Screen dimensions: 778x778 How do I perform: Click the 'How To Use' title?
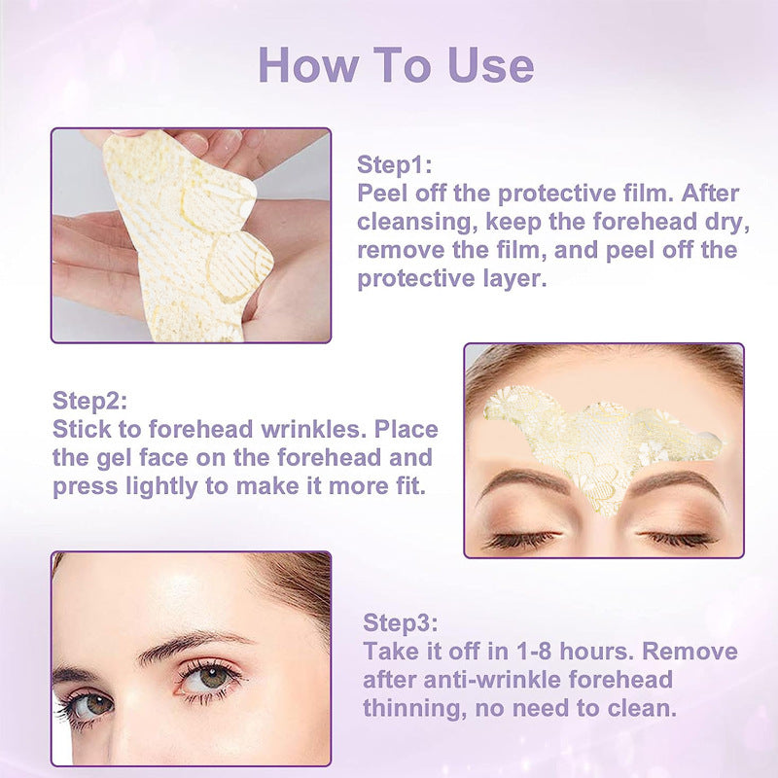click(x=396, y=64)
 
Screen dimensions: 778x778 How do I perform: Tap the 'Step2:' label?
click(x=89, y=401)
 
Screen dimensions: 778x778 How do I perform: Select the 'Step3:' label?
click(x=400, y=622)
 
